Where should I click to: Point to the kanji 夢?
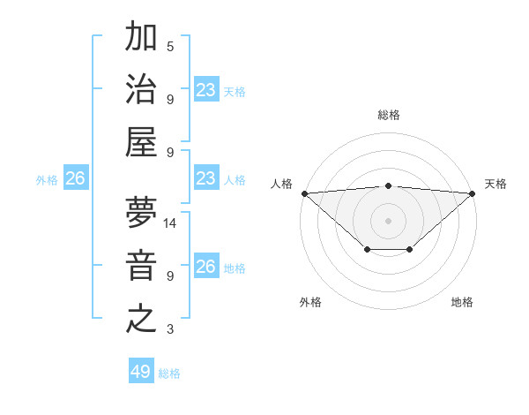pyautogui.click(x=141, y=215)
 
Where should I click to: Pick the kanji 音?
pyautogui.click(x=141, y=267)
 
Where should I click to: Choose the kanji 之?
pyautogui.click(x=141, y=318)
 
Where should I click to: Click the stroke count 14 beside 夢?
pyautogui.click(x=170, y=223)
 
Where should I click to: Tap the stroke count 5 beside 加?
pyautogui.click(x=170, y=46)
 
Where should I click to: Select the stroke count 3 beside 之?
pyautogui.click(x=170, y=329)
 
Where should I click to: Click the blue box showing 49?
pyautogui.click(x=141, y=372)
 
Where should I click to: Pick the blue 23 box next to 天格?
pyautogui.click(x=206, y=90)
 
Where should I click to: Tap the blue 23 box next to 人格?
pyautogui.click(x=206, y=179)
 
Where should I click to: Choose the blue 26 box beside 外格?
pyautogui.click(x=75, y=179)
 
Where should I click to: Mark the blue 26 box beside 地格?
pyautogui.click(x=206, y=268)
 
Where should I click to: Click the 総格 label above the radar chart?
pyautogui.click(x=388, y=115)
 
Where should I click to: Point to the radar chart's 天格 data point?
pyautogui.click(x=473, y=192)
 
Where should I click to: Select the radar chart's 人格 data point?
pyautogui.click(x=304, y=192)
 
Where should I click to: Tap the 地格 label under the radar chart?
pyautogui.click(x=462, y=302)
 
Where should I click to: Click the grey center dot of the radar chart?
pyautogui.click(x=388, y=220)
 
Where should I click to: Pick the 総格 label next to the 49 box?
pyautogui.click(x=169, y=373)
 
